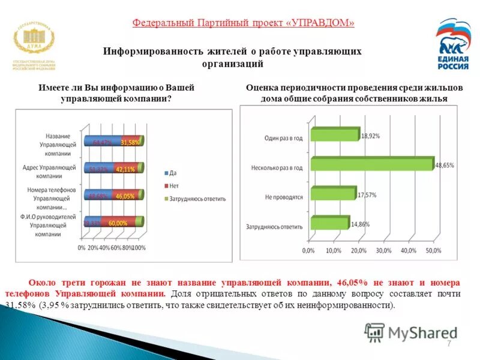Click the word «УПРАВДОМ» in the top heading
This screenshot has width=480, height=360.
click(321, 23)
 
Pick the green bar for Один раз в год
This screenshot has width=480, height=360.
click(334, 136)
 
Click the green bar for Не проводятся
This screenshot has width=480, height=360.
click(332, 194)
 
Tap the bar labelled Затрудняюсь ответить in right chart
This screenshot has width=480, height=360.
click(329, 223)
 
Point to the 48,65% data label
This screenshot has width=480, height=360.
click(445, 164)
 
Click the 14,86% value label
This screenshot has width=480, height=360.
click(361, 224)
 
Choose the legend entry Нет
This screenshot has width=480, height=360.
click(174, 185)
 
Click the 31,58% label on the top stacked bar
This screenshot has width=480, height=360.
click(130, 142)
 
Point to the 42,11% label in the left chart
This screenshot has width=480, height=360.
click(125, 169)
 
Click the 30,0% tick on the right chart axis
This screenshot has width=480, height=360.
click(383, 250)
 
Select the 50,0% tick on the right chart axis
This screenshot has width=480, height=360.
click(433, 250)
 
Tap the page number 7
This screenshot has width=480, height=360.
click(448, 343)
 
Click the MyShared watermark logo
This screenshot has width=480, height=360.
click(411, 332)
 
